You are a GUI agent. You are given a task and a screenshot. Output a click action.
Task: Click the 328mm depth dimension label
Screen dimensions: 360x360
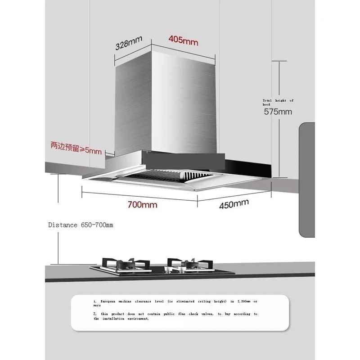point(129,43)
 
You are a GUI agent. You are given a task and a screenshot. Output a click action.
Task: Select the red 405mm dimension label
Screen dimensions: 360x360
point(183,40)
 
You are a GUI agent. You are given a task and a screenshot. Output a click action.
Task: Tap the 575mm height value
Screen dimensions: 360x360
point(278,112)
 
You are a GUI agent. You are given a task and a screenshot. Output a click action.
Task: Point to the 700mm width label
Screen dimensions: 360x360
point(142,205)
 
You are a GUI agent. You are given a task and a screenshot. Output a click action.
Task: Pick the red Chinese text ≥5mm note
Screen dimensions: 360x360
point(76,147)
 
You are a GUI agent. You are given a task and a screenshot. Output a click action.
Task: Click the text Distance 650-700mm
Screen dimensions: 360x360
point(81,225)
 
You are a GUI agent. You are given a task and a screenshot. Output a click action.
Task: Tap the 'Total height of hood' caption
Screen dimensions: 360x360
point(278,102)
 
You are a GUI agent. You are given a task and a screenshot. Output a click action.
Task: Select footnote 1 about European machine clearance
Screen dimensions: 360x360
point(175,302)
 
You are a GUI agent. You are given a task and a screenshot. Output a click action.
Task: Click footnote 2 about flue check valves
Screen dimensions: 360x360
point(175,316)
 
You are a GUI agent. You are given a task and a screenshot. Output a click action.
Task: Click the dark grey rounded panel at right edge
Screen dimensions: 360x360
point(307,180)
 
